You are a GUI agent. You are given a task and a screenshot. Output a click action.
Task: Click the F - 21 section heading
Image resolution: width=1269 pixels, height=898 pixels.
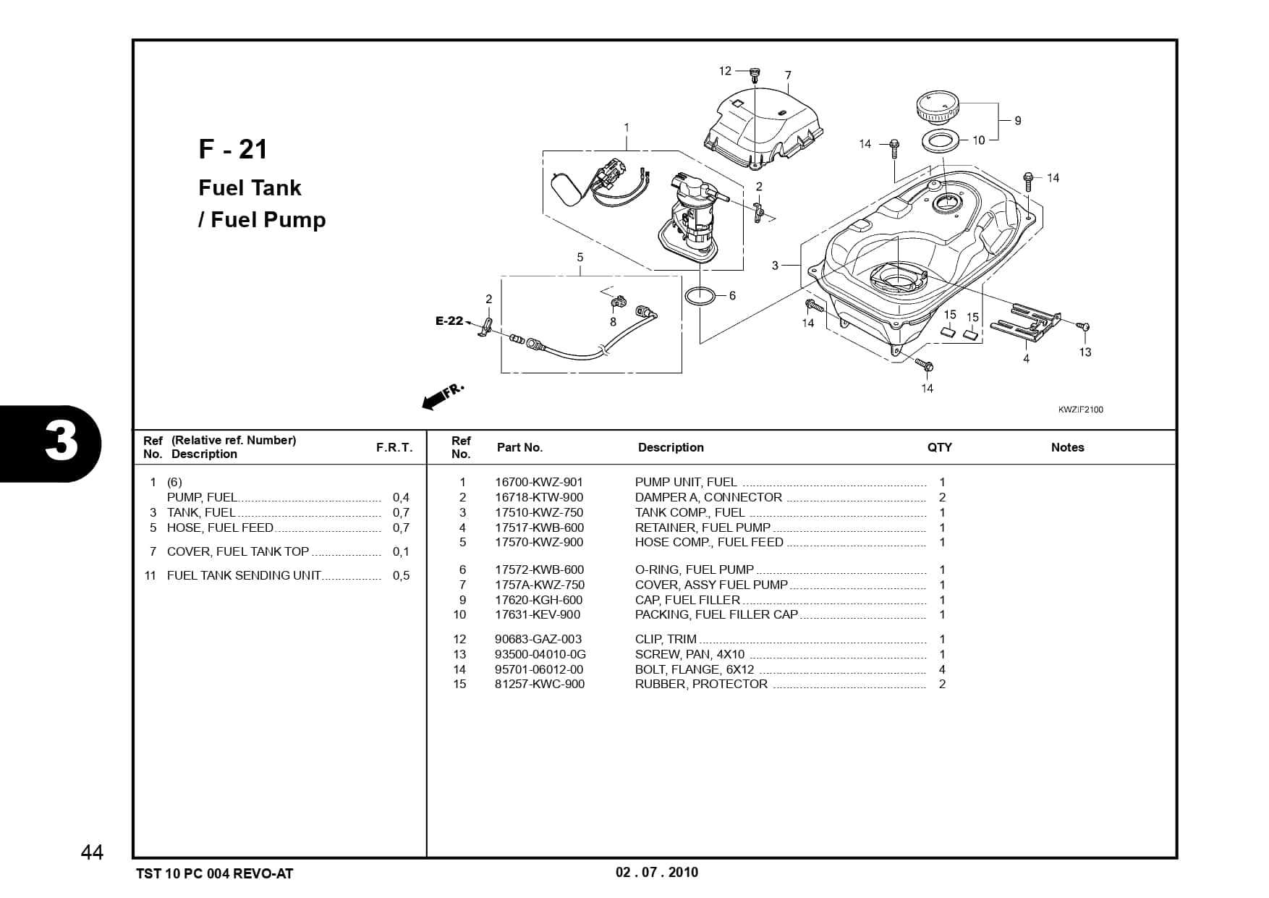[233, 149]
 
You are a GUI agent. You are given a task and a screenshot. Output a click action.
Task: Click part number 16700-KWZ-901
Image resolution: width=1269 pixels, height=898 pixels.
[538, 482]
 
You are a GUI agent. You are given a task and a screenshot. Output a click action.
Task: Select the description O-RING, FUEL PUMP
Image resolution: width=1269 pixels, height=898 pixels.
[694, 569]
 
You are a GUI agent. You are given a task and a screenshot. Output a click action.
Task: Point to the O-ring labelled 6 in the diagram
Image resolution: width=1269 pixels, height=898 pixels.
[700, 296]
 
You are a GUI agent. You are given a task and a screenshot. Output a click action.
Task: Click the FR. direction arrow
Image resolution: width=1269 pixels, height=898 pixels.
[441, 397]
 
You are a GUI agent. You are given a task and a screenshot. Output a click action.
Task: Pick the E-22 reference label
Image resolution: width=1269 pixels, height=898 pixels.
[449, 321]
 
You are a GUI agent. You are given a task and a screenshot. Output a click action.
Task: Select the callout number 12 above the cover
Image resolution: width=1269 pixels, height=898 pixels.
[725, 71]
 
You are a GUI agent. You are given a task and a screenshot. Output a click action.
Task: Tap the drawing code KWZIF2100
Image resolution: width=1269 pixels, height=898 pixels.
[1080, 410]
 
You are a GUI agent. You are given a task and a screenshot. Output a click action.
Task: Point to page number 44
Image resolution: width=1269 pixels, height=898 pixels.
[92, 852]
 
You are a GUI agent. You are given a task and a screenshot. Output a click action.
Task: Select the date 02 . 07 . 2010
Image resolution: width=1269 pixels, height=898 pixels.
[656, 872]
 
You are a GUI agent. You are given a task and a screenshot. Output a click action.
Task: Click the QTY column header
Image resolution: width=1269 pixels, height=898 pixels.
[939, 447]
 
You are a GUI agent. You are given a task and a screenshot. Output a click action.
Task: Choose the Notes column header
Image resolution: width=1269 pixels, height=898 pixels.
[1067, 447]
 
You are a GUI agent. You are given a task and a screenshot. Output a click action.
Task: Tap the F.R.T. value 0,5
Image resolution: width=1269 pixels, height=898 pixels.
[401, 575]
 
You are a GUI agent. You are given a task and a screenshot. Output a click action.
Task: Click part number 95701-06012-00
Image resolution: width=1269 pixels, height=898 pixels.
[538, 669]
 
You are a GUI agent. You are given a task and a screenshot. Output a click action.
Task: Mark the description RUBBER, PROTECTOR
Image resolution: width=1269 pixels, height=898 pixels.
[700, 684]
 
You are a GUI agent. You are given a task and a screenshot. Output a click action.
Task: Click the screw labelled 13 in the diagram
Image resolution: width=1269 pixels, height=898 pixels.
[1083, 327]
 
